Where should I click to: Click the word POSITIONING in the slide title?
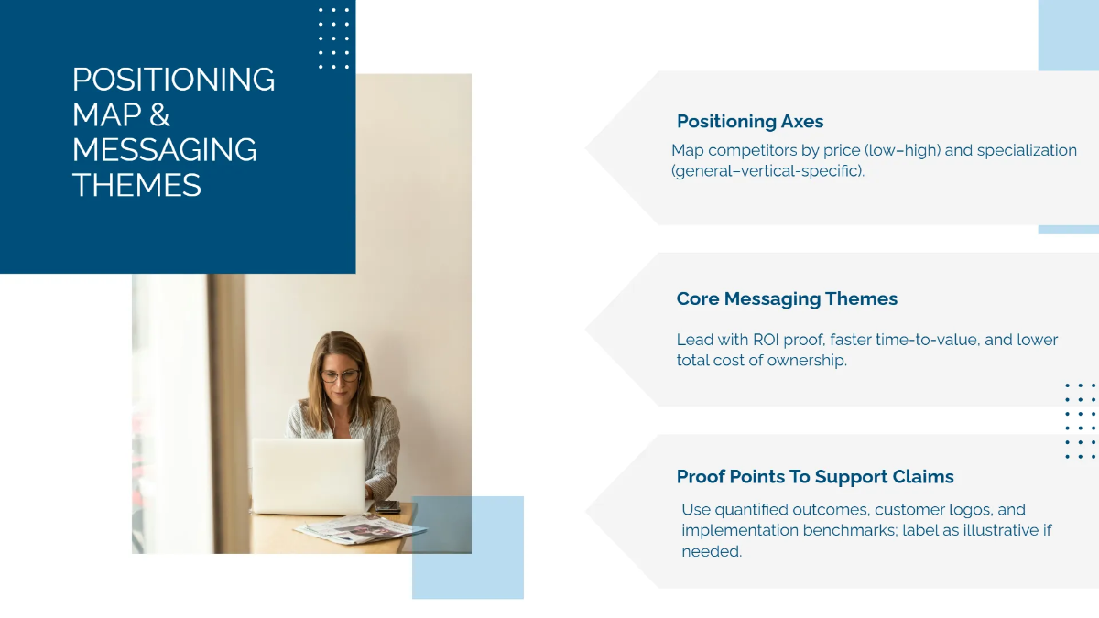[x=173, y=80]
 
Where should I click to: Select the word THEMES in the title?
[x=136, y=185]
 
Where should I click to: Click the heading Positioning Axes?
[x=750, y=122]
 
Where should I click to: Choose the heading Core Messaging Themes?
[x=787, y=299]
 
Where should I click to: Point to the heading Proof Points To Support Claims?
[x=815, y=477]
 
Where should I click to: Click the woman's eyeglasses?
[x=340, y=375]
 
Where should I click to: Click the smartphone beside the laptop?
[x=387, y=506]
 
